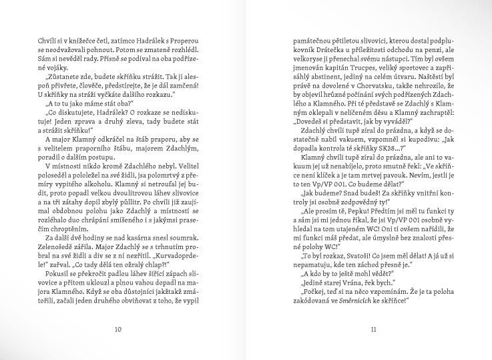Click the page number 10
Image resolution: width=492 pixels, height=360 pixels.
tap(118, 328)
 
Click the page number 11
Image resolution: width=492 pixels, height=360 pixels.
tap(373, 328)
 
